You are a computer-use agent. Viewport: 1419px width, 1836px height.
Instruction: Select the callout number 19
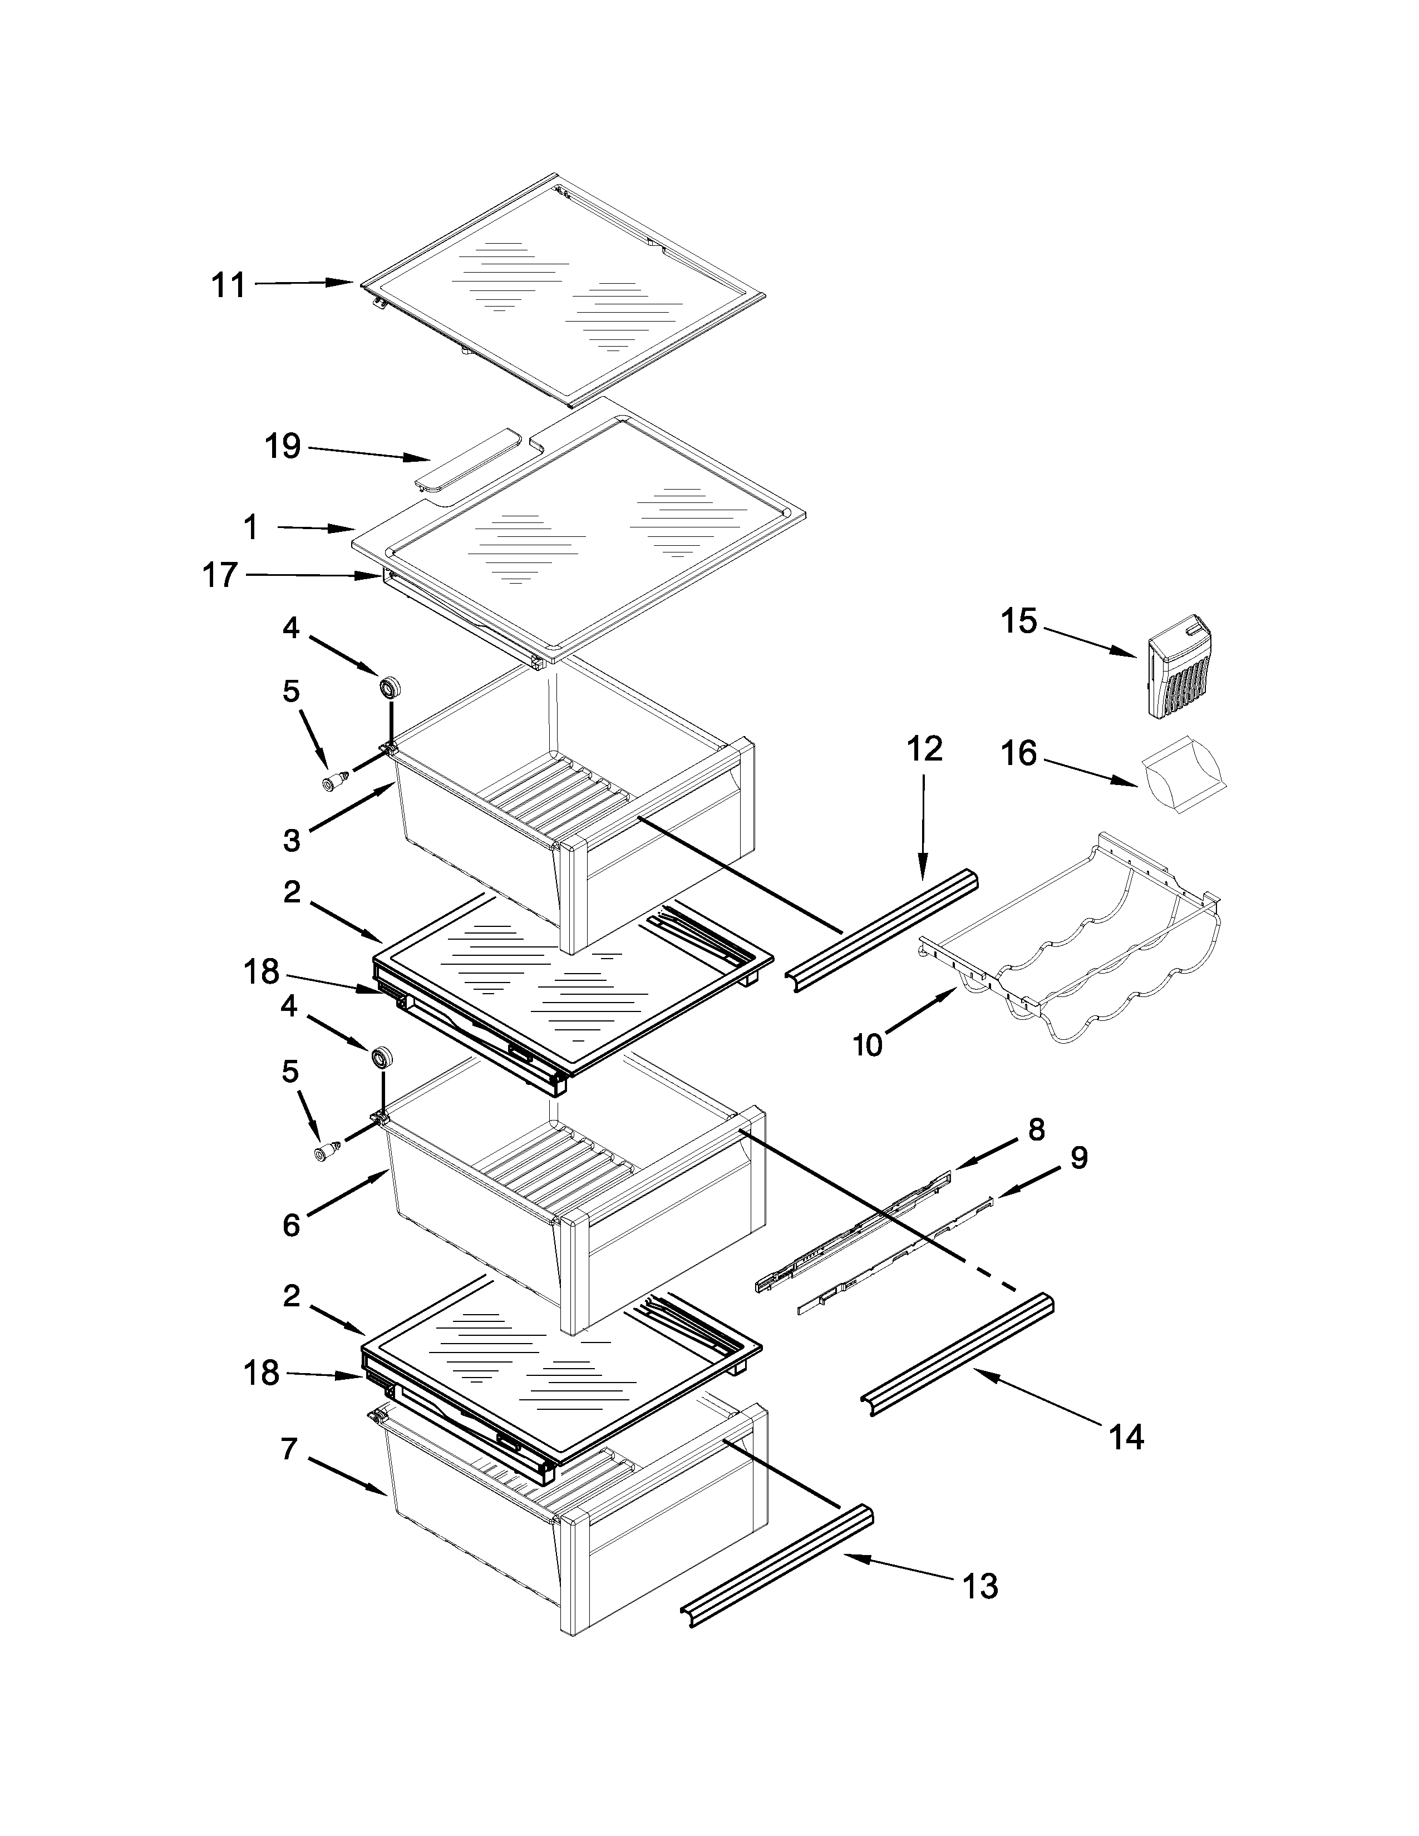tap(283, 446)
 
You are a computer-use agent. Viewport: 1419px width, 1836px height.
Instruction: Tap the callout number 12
tap(925, 748)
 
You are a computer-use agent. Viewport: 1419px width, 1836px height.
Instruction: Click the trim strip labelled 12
tap(883, 931)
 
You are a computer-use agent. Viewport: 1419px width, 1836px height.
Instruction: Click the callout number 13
tap(979, 1586)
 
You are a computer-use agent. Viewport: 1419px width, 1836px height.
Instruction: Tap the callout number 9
tap(1078, 1158)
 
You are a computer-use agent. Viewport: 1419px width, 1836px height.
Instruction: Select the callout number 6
tap(291, 1225)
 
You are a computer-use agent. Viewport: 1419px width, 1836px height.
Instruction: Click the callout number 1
tap(250, 527)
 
